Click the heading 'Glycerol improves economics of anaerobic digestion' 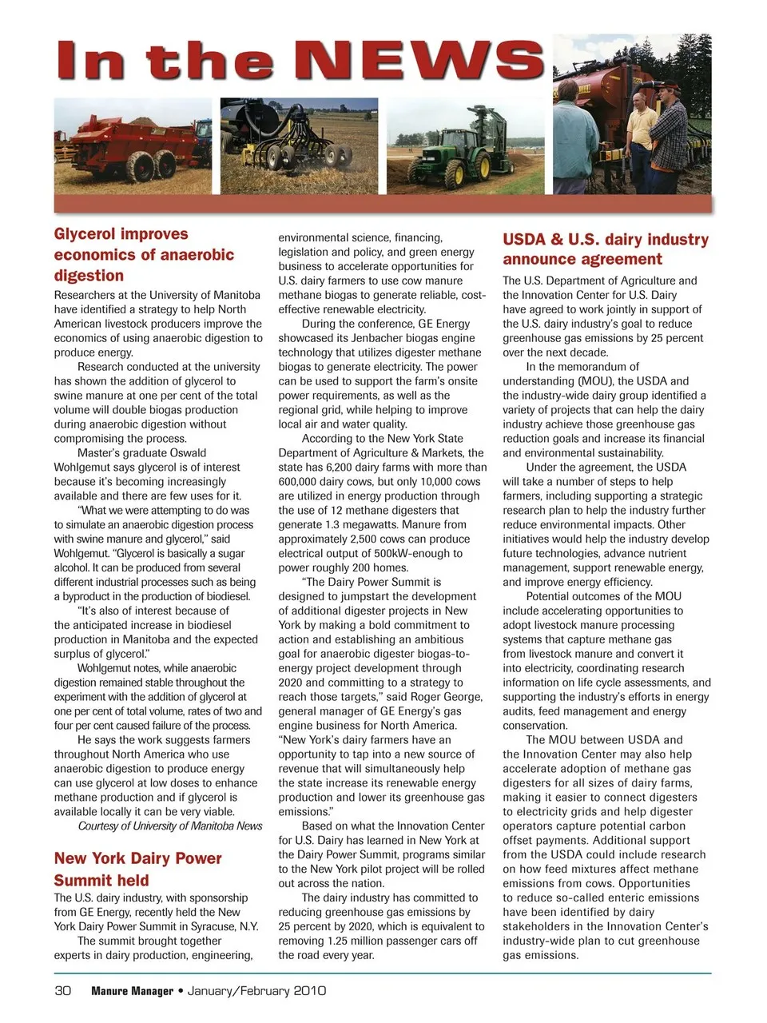click(144, 254)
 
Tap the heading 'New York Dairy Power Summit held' click(137, 869)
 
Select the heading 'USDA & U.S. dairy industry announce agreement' click(605, 249)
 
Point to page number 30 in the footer click(63, 991)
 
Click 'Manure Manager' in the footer click(132, 991)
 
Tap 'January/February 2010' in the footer click(256, 991)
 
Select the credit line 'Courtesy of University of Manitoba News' click(169, 826)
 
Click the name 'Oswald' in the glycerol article click(185, 453)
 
